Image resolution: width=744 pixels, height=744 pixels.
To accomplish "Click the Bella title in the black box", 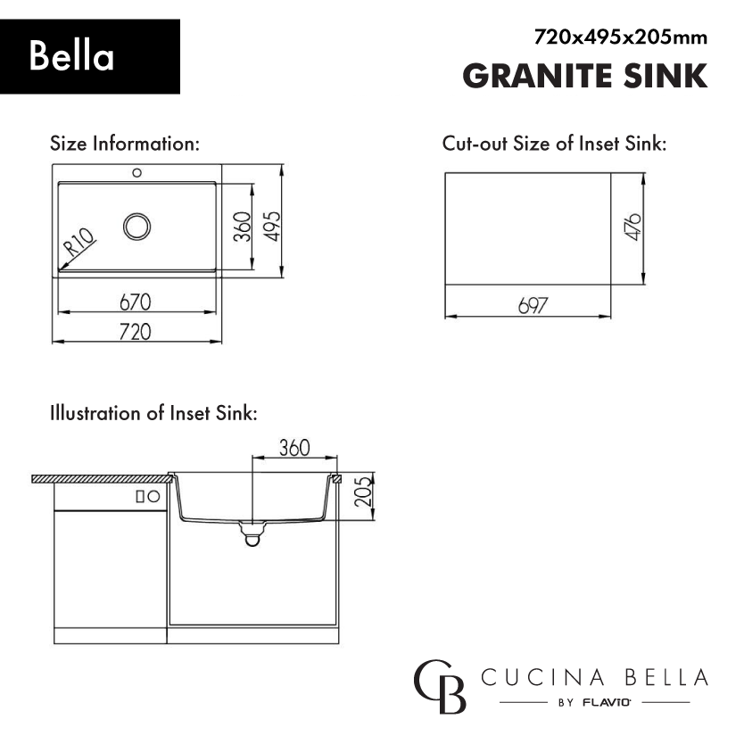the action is tap(71, 56).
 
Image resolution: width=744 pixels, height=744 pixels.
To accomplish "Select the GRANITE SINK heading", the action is tap(585, 76).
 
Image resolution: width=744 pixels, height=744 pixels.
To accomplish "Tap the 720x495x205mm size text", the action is tap(621, 37).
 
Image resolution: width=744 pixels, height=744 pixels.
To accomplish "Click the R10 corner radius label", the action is tap(79, 242).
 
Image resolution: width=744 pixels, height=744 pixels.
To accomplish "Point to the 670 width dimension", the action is tap(136, 302).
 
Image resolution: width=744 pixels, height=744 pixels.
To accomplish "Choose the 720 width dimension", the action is tap(136, 332).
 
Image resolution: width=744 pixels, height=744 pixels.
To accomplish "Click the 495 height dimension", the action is tap(273, 226).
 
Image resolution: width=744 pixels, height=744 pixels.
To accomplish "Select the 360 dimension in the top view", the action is tap(243, 227).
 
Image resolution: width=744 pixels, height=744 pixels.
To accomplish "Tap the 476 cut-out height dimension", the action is tap(633, 227).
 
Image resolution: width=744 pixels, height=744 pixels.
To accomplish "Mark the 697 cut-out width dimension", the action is tap(533, 306).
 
